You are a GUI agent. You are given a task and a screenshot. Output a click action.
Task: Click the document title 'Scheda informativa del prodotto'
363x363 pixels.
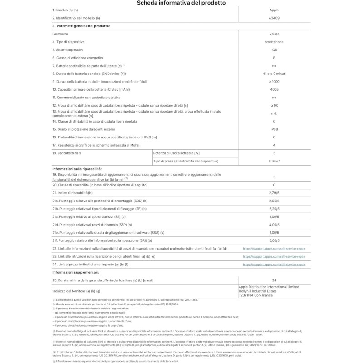(181, 3)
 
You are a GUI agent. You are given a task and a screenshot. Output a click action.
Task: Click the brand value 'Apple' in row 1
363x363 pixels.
(274, 10)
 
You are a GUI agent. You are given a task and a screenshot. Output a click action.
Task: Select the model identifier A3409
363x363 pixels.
(274, 18)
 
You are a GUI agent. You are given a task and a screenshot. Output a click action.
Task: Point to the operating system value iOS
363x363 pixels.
(274, 49)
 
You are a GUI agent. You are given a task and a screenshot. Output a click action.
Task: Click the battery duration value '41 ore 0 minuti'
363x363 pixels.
(274, 74)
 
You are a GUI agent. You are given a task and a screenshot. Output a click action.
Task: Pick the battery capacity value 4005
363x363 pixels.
(274, 89)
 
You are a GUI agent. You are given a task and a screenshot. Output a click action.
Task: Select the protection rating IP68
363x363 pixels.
(274, 129)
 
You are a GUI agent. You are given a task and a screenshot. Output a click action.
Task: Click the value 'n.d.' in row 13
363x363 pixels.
(274, 113)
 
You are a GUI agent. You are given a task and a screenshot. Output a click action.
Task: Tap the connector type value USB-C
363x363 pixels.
(274, 161)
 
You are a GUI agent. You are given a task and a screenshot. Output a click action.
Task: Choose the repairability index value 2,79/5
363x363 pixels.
(274, 193)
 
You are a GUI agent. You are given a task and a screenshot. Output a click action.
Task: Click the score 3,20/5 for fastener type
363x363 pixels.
(274, 209)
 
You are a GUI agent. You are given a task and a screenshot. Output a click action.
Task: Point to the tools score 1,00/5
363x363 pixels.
(274, 217)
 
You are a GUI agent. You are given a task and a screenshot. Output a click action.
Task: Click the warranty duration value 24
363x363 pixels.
(274, 280)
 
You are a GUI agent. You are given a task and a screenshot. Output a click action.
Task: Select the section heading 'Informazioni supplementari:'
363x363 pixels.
(75, 272)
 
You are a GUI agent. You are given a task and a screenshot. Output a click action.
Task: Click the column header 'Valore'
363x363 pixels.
(274, 34)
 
